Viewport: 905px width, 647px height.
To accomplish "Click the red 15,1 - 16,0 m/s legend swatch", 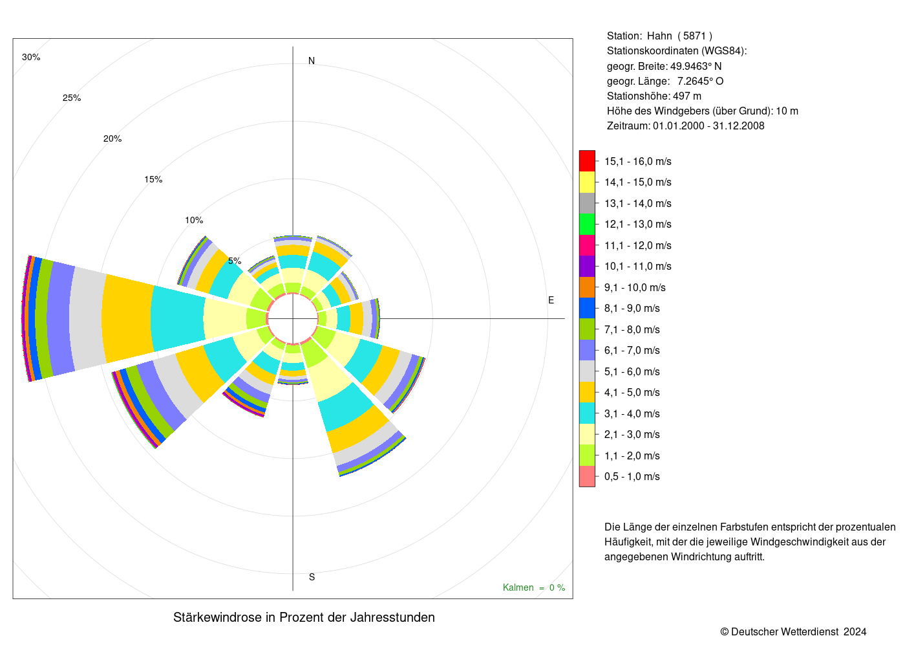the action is (587, 161).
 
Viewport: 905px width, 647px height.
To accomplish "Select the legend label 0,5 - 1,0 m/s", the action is (632, 476).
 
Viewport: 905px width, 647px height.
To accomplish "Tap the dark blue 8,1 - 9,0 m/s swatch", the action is (587, 309).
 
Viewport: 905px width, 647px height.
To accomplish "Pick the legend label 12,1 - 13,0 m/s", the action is (638, 225).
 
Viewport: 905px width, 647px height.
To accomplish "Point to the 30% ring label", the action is (31, 58).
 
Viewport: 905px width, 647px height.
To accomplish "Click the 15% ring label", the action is (153, 180).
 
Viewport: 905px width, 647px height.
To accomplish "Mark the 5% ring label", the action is (235, 261).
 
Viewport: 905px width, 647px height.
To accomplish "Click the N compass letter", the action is (312, 61).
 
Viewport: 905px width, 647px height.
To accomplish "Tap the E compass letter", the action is (551, 300).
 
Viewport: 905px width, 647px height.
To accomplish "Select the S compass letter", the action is (312, 577).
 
